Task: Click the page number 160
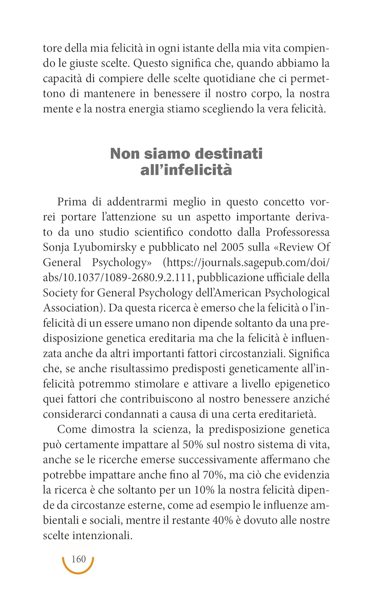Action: coord(79,559)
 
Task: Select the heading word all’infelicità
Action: coord(186,170)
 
